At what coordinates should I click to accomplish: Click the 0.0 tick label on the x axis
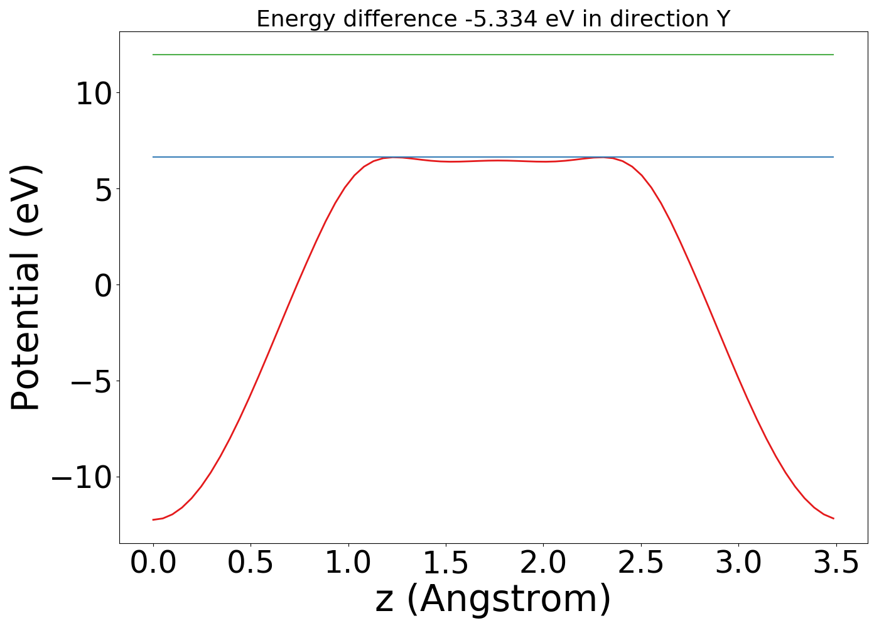[x=153, y=563]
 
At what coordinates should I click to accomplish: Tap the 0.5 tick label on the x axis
[x=251, y=563]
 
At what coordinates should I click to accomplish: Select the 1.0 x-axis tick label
[x=348, y=563]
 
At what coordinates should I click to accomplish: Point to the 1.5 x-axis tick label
[x=446, y=563]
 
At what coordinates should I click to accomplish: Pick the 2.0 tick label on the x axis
[x=543, y=563]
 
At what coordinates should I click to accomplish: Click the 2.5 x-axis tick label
[x=640, y=563]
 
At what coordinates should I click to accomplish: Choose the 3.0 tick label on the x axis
[x=738, y=563]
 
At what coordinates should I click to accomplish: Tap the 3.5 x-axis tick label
[x=836, y=563]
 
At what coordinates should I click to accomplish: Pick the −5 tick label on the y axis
[x=94, y=382]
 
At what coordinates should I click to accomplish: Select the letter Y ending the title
[x=724, y=19]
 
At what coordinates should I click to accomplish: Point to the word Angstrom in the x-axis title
[x=509, y=598]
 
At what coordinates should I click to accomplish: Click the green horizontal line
[x=493, y=55]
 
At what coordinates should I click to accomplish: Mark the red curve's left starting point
[x=153, y=519]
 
